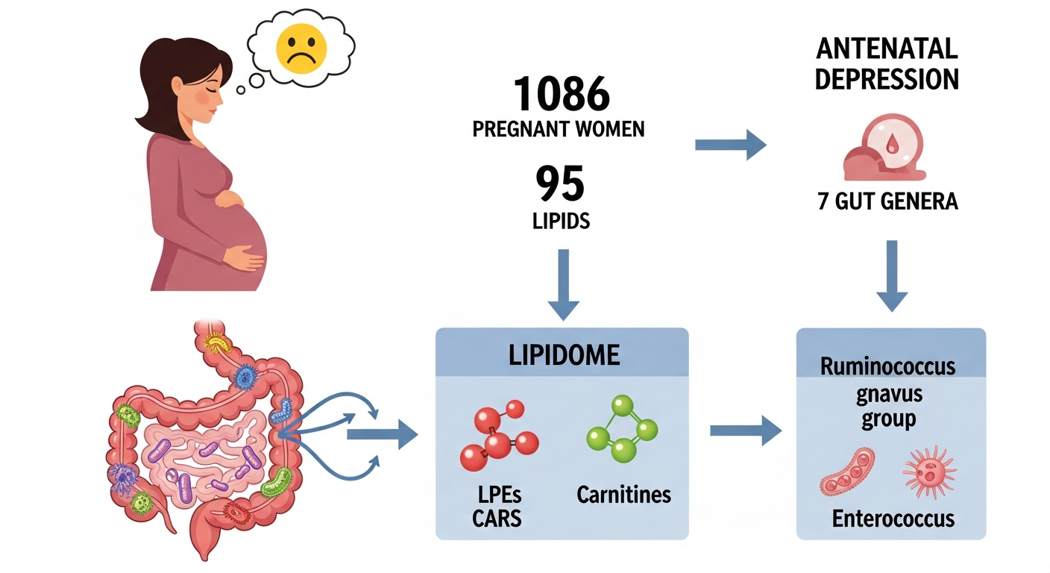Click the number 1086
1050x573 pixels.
[x=562, y=95]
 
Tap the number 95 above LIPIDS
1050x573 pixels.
[x=560, y=184]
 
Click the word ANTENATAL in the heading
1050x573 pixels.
[x=886, y=48]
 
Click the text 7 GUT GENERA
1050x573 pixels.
[x=887, y=201]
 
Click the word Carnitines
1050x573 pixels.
[x=623, y=494]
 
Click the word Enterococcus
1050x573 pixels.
[x=893, y=518]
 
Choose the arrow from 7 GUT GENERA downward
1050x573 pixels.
[x=891, y=275]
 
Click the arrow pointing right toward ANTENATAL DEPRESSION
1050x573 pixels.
[x=730, y=145]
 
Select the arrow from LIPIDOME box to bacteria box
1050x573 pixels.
[x=745, y=430]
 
